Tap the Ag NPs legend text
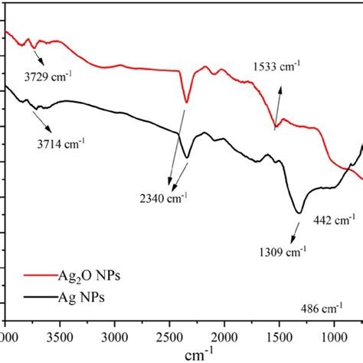point(75,299)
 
